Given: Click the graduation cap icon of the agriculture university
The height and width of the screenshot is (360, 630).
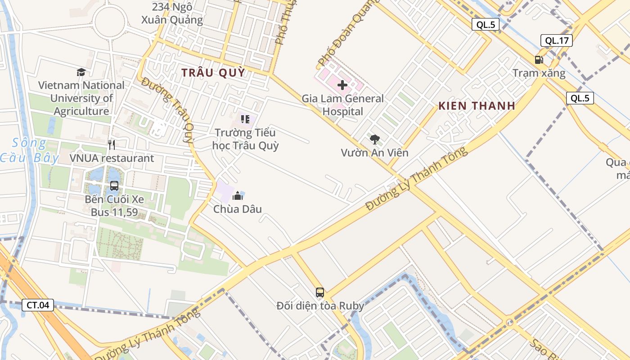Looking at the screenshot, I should pos(81,72).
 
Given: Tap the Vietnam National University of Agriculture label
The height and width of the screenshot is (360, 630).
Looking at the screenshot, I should pos(81,98).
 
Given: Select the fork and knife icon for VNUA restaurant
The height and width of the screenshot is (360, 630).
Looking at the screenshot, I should pos(112,144).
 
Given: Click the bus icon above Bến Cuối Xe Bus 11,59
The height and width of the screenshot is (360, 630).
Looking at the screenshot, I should pos(114,186).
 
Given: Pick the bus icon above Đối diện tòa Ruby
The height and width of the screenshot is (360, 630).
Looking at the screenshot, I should pos(320,292).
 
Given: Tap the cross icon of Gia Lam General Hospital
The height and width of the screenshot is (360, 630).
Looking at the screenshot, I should pos(342,85).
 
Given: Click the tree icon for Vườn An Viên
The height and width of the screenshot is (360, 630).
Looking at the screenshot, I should pos(374,139).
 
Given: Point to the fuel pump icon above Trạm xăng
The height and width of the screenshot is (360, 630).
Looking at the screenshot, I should pos(539,59).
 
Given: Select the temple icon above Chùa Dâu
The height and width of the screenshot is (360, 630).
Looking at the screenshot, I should pos(238,195).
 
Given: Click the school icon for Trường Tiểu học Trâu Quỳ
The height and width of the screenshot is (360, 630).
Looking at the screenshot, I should pos(245,119).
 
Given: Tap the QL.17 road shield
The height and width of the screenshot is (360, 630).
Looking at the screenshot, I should pos(557,40).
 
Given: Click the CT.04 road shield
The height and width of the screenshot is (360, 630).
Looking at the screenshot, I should pos(38,305).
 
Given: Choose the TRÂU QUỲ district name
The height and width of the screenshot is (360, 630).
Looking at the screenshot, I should pos(213,72).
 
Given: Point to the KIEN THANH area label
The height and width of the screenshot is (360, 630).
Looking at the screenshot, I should pos(477,106).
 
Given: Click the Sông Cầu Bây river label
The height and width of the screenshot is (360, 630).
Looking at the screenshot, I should pos(29,150).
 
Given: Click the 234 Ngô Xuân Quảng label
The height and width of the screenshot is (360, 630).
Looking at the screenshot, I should pos(172,13).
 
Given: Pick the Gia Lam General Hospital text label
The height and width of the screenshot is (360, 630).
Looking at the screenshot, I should pos(342,105).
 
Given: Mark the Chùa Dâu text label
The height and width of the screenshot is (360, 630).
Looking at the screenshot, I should pos(238,209).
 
